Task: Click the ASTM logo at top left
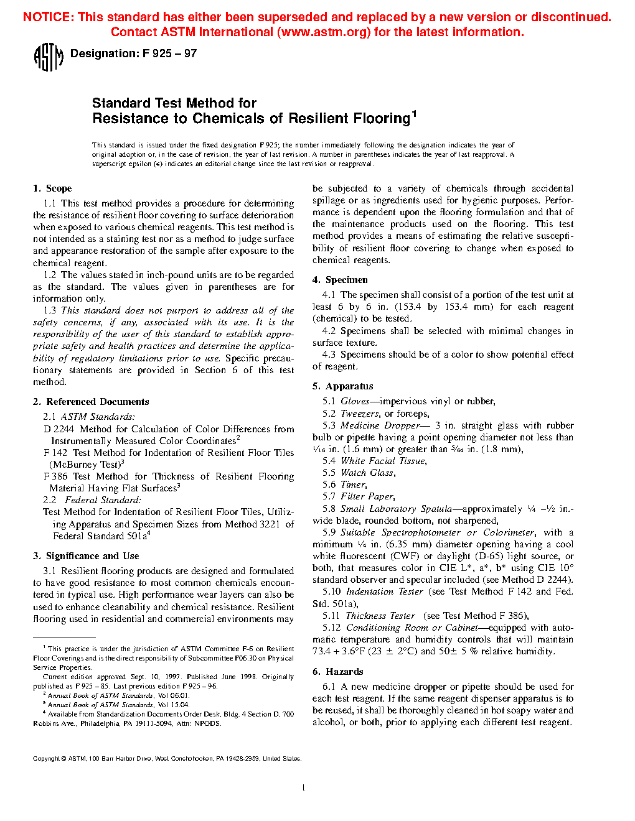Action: (48, 57)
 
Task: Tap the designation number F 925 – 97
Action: (169, 54)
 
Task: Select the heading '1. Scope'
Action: (52, 188)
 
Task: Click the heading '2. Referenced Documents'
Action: (91, 402)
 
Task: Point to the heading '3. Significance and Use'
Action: (86, 556)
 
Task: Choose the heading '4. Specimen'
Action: (340, 280)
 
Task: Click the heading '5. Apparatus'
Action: (342, 386)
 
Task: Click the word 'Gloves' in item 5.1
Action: (355, 402)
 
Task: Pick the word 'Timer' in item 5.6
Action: (353, 485)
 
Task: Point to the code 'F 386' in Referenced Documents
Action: (55, 476)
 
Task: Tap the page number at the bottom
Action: (303, 788)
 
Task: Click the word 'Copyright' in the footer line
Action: (46, 759)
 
